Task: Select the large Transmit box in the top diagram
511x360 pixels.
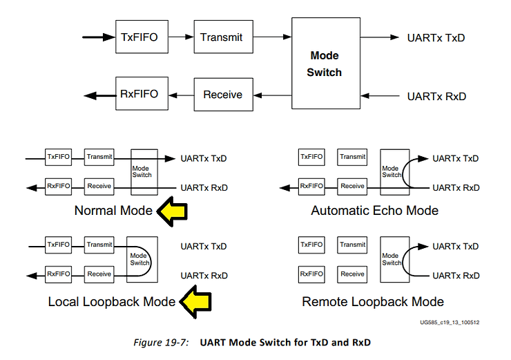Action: click(221, 37)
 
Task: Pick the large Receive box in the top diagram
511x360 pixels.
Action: click(222, 94)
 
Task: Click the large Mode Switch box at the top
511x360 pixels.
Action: click(325, 64)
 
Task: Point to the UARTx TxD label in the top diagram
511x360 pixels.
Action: click(436, 37)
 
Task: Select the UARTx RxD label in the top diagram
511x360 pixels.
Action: click(436, 96)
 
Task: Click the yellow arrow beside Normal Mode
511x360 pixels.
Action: click(174, 211)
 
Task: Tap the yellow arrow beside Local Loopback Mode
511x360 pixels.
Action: click(195, 301)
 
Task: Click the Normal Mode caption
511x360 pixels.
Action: click(113, 211)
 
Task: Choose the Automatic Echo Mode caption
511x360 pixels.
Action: click(374, 211)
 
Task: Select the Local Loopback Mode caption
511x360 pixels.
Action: click(112, 302)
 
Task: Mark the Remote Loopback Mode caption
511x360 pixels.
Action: click(373, 302)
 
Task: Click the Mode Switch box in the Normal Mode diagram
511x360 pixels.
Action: click(142, 171)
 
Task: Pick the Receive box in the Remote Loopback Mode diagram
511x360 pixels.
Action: click(352, 274)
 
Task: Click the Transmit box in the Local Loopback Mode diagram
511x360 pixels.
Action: click(99, 245)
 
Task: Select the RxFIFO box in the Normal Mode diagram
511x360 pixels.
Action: click(58, 185)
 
